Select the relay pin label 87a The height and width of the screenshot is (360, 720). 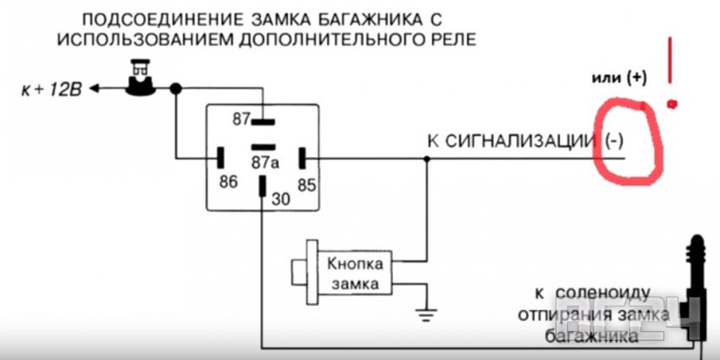pos(263,161)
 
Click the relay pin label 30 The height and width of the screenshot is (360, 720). pos(280,199)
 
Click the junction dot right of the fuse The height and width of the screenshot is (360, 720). pos(175,88)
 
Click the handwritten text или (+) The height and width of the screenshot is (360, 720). pos(618,78)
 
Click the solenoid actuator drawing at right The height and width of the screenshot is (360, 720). pos(699,280)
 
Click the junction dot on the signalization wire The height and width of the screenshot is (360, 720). pos(426,158)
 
